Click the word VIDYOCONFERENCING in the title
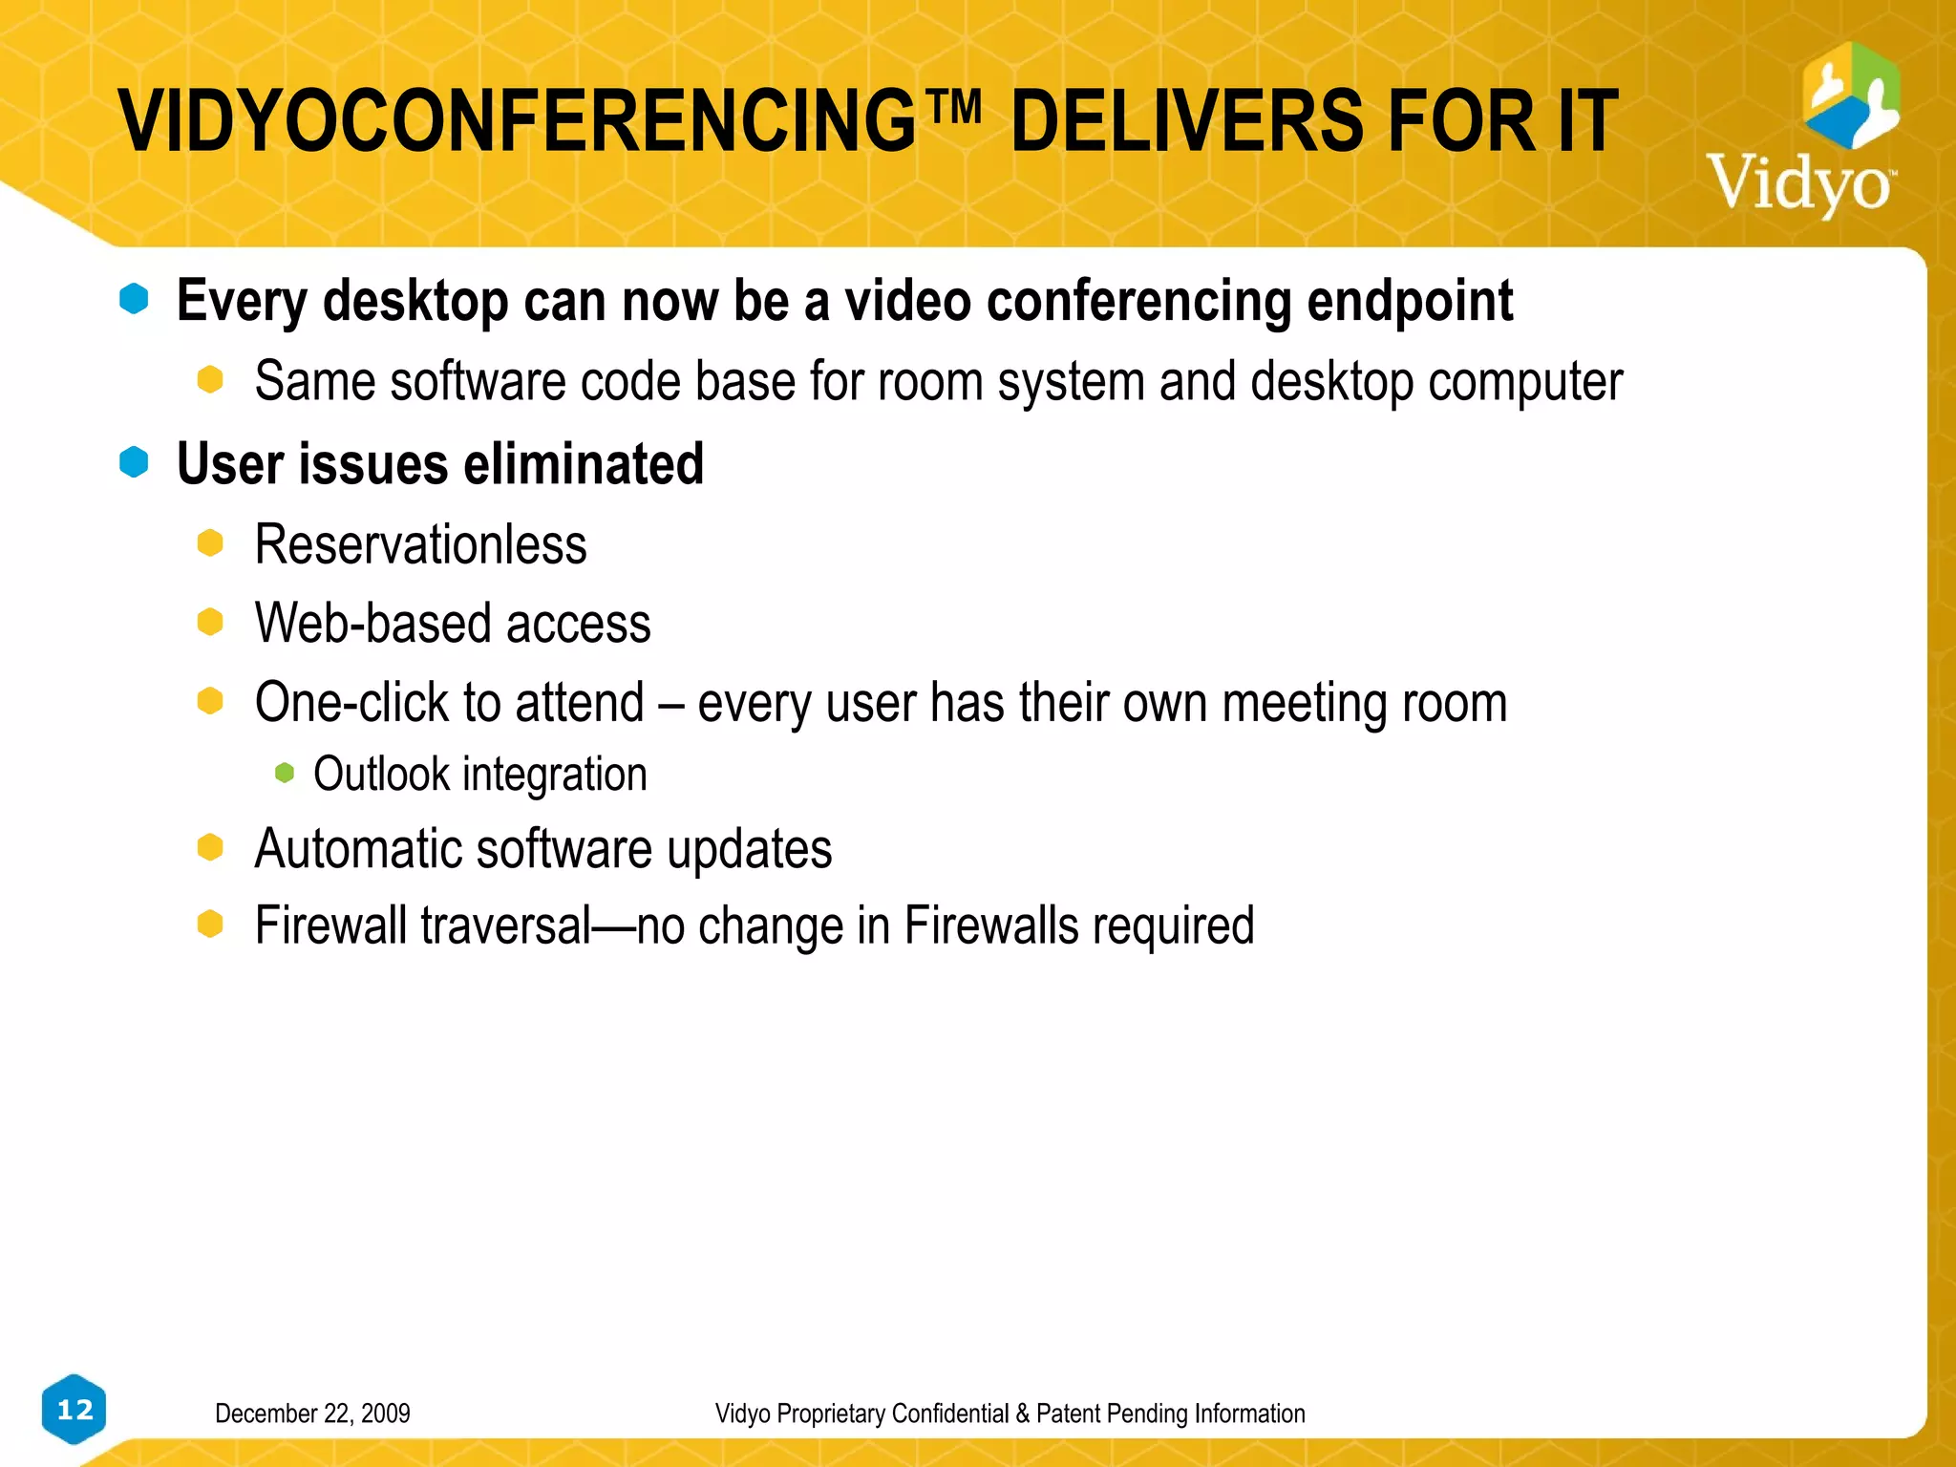click(516, 121)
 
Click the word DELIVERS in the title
click(1187, 121)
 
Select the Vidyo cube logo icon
click(1851, 95)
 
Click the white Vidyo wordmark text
click(1799, 184)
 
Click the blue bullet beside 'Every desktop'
click(134, 299)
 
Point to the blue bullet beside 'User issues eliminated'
click(134, 462)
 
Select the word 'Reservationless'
click(420, 545)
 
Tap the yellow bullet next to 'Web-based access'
click(210, 623)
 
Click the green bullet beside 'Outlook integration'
click(285, 773)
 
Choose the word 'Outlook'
click(381, 774)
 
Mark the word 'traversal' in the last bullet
click(506, 925)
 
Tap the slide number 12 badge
click(74, 1410)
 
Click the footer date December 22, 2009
click(312, 1414)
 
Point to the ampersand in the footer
click(1023, 1414)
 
